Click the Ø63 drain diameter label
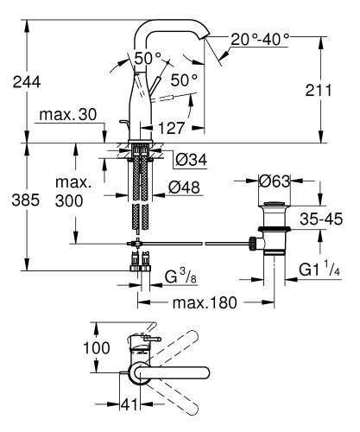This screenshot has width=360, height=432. (275, 181)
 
